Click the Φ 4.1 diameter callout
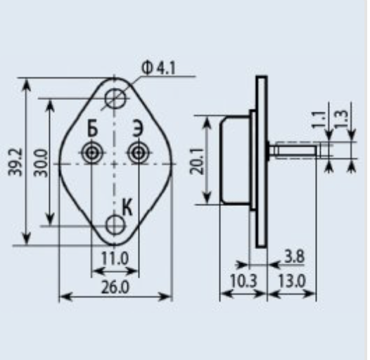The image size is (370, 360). tap(158, 68)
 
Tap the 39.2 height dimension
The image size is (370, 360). tap(15, 162)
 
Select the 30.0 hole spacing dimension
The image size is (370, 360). tap(41, 163)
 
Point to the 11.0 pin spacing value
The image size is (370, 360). tap(115, 259)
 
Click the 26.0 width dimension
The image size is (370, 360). tap(115, 288)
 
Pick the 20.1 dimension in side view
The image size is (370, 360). tap(196, 160)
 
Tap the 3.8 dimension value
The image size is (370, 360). tap(294, 257)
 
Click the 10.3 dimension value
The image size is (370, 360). tap(243, 281)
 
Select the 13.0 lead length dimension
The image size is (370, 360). tap(292, 281)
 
